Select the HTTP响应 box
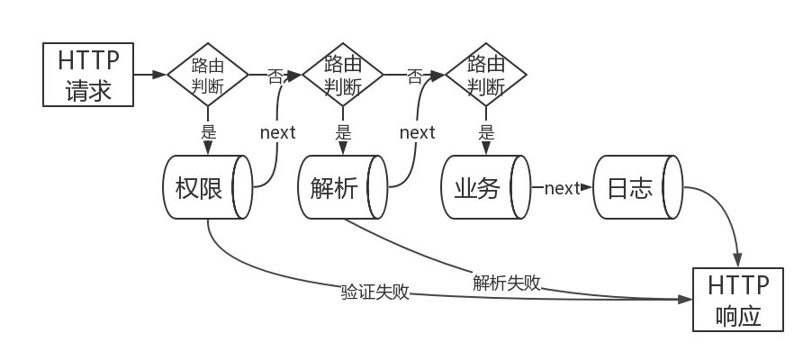point(738,300)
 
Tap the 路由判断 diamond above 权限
point(208,75)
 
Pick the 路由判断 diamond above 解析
point(343,75)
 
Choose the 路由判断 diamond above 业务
point(486,75)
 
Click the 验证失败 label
point(374,292)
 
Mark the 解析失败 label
point(507,282)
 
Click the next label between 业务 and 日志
point(562,188)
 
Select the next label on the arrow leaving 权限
point(277,132)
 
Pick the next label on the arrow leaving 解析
point(417,132)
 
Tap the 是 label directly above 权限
point(208,131)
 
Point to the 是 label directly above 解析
point(343,131)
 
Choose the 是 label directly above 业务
point(486,131)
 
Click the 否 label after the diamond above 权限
point(275,76)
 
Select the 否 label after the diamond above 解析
point(415,76)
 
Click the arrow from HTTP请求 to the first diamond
point(150,75)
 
